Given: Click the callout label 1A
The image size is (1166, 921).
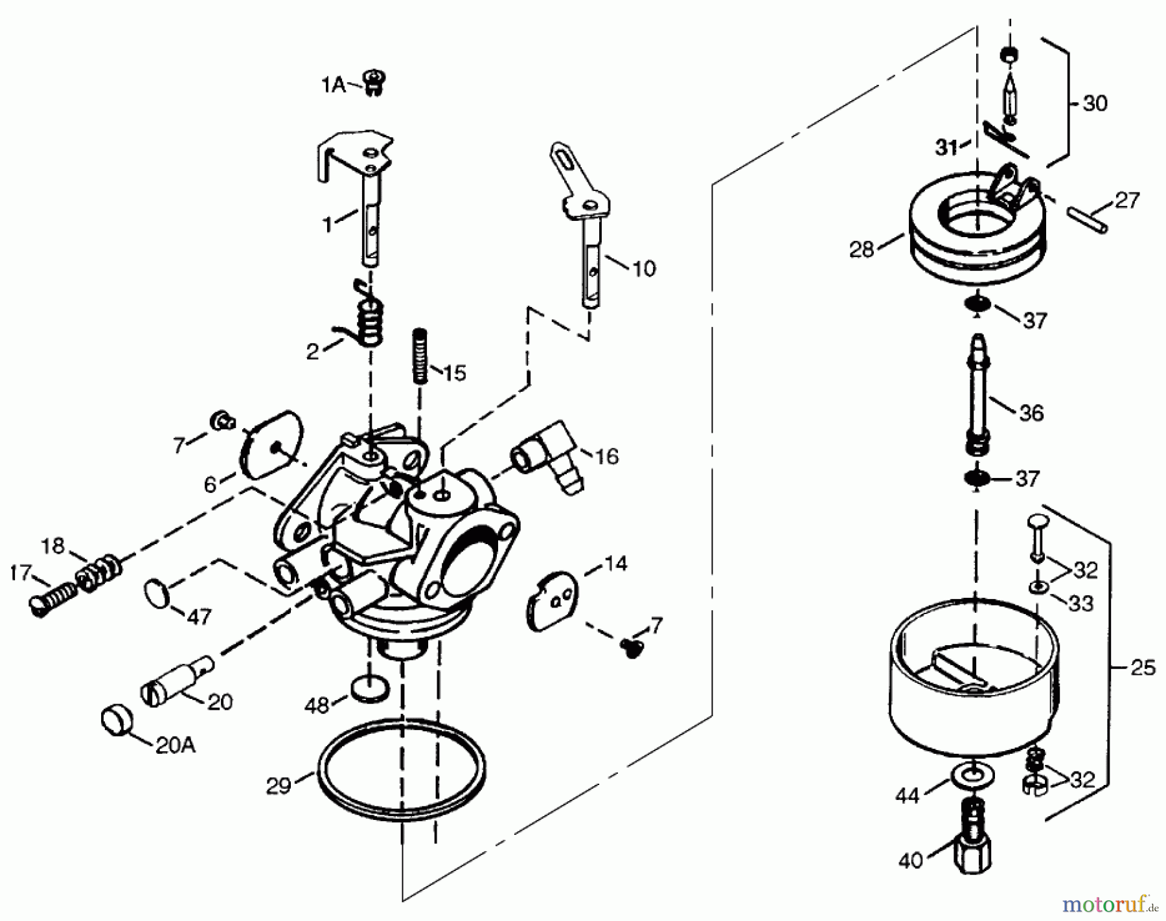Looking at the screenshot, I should click(334, 85).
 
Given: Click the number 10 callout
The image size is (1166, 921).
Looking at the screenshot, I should click(643, 268).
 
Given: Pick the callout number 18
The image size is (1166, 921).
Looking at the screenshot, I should click(53, 546).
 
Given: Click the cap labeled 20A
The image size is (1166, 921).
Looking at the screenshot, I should click(117, 720).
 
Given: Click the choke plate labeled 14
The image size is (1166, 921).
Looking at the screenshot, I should click(552, 600).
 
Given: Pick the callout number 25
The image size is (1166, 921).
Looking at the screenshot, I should click(1143, 668).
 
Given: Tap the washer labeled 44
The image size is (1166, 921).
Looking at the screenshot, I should click(967, 774).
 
